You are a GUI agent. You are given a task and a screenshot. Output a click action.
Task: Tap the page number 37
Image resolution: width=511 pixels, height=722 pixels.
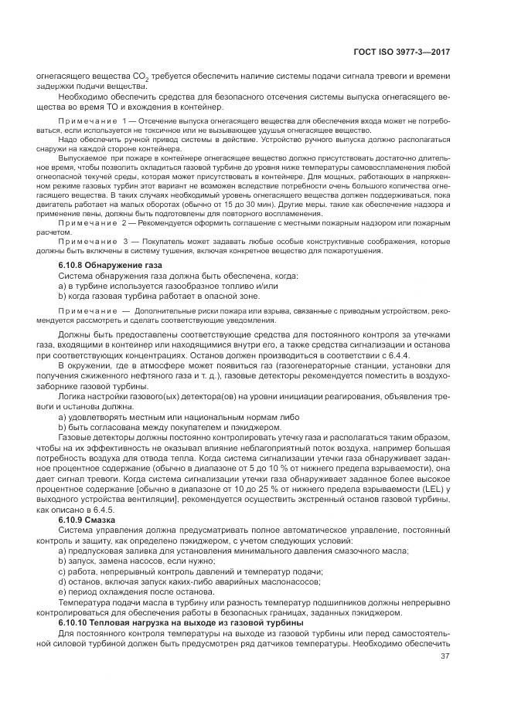tap(445, 656)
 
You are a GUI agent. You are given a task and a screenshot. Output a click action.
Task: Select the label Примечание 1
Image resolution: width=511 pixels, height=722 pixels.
tap(90, 123)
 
